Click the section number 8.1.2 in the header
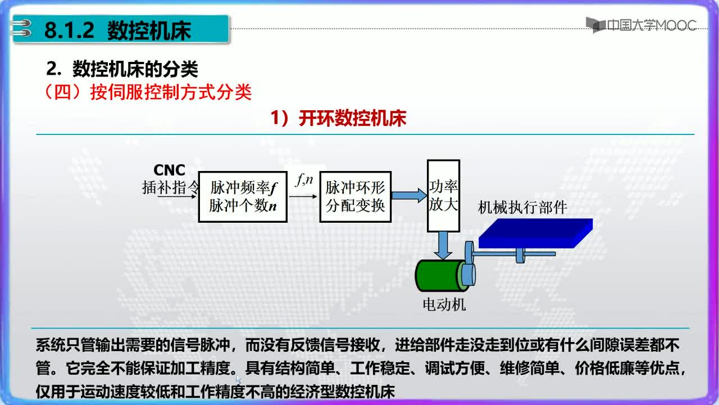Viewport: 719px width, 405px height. (x=69, y=30)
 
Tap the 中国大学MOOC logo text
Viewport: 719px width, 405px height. (x=652, y=25)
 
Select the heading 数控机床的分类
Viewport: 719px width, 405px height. (x=135, y=69)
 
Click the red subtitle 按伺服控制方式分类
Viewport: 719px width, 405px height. (x=171, y=93)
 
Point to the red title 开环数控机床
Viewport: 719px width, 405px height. (x=352, y=118)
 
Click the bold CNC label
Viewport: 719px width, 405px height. (x=170, y=170)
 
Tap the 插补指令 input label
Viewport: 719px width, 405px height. (x=171, y=187)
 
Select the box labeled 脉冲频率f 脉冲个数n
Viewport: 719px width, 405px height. (x=243, y=197)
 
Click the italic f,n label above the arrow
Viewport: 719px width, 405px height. (x=304, y=179)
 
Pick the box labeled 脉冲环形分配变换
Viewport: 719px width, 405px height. (x=356, y=197)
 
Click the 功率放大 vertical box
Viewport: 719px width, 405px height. (x=444, y=195)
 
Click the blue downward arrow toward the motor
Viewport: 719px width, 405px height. (x=443, y=245)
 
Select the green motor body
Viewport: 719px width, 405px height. (x=440, y=276)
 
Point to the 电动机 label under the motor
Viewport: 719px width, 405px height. (x=444, y=304)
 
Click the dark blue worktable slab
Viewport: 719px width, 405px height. (x=536, y=233)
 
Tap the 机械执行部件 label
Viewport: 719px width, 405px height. (x=522, y=208)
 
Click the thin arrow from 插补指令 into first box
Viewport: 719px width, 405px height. (x=177, y=196)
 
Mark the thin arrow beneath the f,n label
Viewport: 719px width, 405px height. (x=303, y=196)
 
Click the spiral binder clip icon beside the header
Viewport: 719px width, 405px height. (x=21, y=28)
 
